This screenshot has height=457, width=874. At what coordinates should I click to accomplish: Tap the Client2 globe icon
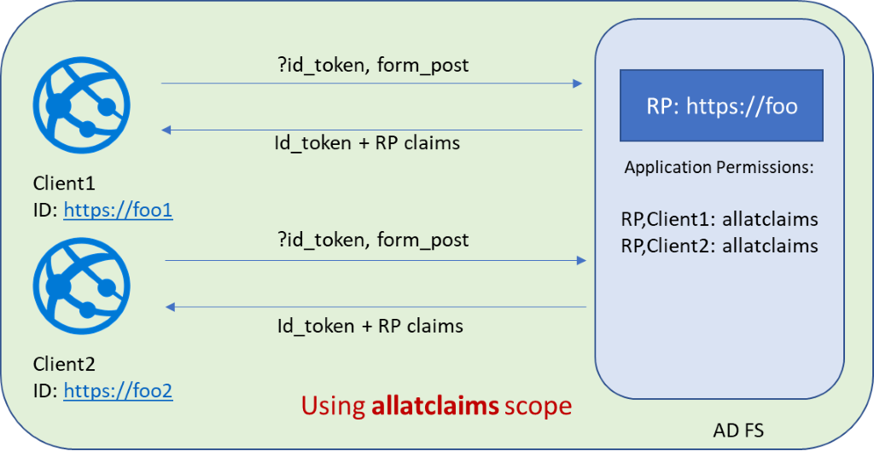[x=82, y=286]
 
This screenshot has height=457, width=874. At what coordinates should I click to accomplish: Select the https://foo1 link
[x=118, y=210]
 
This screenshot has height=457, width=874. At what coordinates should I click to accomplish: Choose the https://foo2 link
[x=118, y=390]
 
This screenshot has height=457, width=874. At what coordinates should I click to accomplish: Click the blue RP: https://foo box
[x=721, y=106]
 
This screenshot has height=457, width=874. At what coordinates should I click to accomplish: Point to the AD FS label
[x=738, y=431]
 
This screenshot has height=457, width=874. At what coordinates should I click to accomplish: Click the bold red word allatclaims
[x=435, y=405]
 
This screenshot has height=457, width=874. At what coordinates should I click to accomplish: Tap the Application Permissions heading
[x=720, y=167]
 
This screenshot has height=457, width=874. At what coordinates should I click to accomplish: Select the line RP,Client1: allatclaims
[x=720, y=219]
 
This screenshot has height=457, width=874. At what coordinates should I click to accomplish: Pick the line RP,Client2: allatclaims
[x=720, y=246]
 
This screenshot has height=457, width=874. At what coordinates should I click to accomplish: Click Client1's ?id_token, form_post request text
[x=373, y=65]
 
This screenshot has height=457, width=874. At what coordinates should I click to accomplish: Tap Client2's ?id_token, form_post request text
[x=373, y=240]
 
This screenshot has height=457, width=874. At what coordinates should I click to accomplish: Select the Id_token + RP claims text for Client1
[x=368, y=142]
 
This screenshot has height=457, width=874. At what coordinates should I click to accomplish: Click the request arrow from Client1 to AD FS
[x=371, y=84]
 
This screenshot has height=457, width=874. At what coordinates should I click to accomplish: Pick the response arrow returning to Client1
[x=371, y=130]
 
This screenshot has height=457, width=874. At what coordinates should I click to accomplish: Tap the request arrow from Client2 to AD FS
[x=376, y=261]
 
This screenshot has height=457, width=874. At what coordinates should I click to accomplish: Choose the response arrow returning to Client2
[x=376, y=306]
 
